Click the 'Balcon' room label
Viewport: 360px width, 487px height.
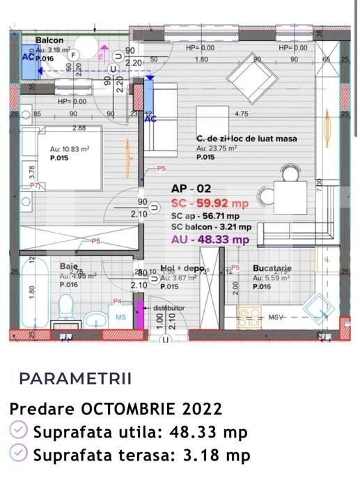(50, 41)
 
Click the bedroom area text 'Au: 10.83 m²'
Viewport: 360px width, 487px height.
(70, 149)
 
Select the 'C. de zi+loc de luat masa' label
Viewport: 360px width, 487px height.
(246, 139)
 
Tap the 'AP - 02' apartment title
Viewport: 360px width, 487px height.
(190, 189)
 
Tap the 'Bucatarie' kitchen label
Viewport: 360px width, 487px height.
(272, 268)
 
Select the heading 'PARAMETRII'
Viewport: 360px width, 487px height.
(75, 379)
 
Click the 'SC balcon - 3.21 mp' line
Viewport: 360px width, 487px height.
(211, 227)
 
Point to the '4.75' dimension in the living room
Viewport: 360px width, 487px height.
(242, 114)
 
